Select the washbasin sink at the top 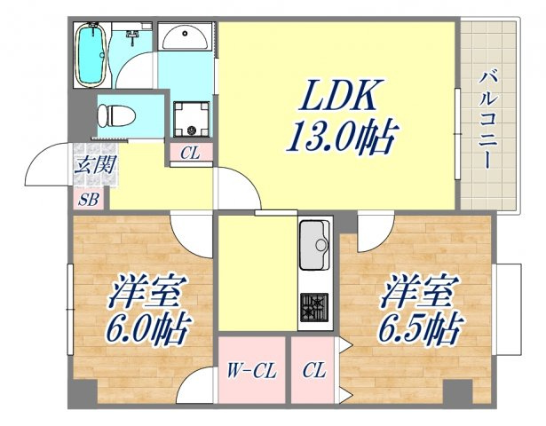(x=186, y=36)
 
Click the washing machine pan (x=192, y=119)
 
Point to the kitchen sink (x=314, y=245)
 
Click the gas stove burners (x=314, y=307)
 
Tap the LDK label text (x=337, y=95)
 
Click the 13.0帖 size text (x=341, y=137)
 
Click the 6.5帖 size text (x=420, y=327)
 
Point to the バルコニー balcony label (x=487, y=120)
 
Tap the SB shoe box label (x=89, y=200)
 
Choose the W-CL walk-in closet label (x=251, y=371)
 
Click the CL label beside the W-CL (x=314, y=370)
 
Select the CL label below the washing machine (x=190, y=154)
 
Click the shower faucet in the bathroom (x=132, y=37)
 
